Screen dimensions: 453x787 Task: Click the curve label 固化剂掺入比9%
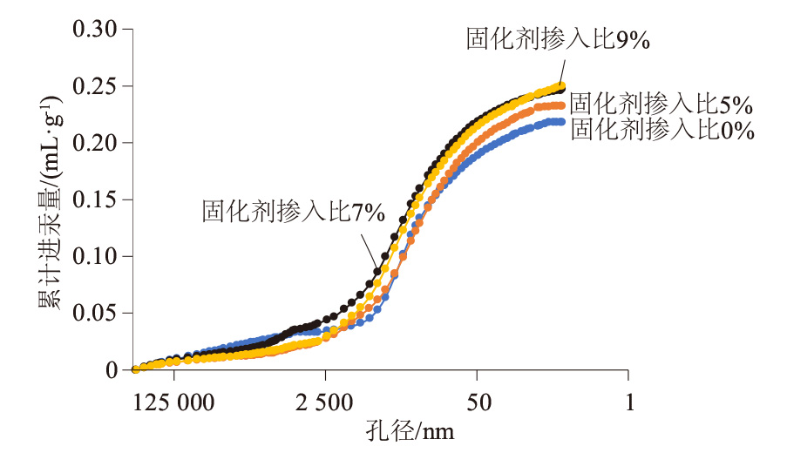(x=559, y=40)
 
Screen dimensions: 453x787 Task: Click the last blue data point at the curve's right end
(x=562, y=122)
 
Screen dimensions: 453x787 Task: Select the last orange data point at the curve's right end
(x=562, y=105)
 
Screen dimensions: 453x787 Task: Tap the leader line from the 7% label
(x=369, y=248)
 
